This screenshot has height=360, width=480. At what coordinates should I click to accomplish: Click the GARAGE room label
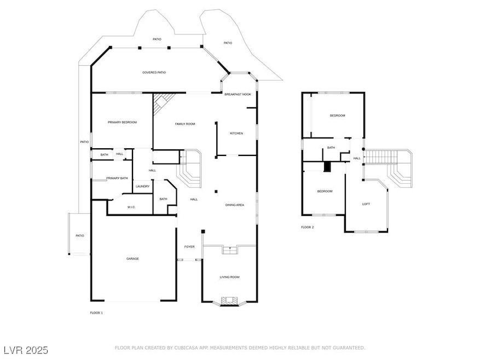132,258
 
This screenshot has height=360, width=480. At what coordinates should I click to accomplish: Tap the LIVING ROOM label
230,277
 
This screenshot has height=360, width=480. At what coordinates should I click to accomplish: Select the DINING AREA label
235,205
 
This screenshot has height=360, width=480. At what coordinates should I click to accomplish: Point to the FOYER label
189,247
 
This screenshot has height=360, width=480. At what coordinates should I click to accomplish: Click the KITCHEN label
236,133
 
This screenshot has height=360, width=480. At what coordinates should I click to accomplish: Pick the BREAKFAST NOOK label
238,95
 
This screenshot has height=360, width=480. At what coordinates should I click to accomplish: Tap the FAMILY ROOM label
185,124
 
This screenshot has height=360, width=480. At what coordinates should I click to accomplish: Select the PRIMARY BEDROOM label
122,122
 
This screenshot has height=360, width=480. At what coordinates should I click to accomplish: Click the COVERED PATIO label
154,72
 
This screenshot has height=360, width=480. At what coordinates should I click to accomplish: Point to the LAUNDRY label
143,187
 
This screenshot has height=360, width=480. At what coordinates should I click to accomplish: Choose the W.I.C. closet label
131,207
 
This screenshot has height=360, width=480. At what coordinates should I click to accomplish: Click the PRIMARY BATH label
117,178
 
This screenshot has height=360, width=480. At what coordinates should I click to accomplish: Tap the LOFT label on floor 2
366,204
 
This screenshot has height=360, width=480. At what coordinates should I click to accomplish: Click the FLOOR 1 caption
96,312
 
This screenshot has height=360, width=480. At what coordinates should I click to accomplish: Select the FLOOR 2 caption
307,227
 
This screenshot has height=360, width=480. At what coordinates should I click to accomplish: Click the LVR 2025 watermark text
26,350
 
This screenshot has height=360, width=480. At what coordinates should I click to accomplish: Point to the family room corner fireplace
160,103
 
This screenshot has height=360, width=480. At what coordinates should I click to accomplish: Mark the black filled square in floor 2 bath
327,167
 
